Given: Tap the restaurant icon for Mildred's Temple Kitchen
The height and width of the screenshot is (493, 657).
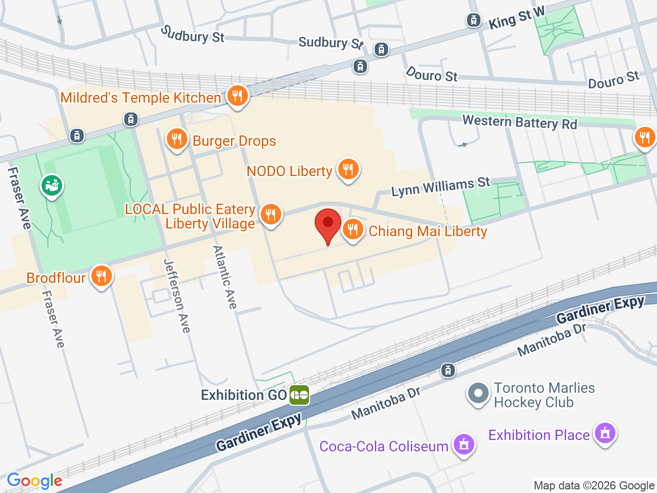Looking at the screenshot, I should coord(237,96).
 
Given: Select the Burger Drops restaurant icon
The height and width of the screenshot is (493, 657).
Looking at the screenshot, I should coord(177,139).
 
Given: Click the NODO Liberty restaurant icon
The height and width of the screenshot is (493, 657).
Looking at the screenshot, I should coord(348,169).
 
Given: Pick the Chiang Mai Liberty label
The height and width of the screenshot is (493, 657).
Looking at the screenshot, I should coord(428,232).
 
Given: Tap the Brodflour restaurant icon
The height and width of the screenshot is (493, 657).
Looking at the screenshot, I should coord(101,277).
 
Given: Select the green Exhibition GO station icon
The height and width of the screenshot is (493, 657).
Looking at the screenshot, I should coord(299,395).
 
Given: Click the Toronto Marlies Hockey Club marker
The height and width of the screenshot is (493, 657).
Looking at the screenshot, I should coord(478,394).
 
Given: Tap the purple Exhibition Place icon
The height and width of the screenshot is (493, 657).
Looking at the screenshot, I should coord(605,433).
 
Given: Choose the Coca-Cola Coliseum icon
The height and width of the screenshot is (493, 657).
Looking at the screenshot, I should coord(464,444).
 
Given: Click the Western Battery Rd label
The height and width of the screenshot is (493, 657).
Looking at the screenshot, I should coord(519,122).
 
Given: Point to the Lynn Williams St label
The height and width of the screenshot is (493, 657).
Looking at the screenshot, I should coord(440,186).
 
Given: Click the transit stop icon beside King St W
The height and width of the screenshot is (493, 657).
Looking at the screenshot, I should coord(473,21).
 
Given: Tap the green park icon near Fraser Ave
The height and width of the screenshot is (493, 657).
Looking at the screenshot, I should coord(52,186).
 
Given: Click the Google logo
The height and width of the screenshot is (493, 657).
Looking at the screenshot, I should coord(34,481).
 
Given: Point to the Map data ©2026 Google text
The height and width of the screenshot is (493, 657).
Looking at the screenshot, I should coord(594,485).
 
